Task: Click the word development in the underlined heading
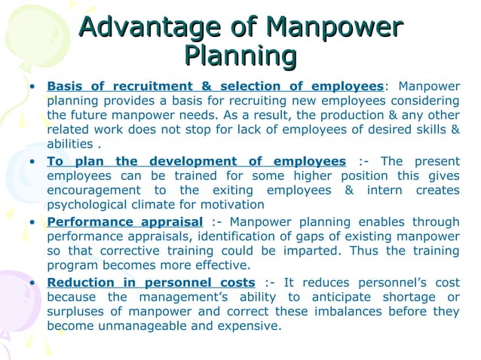pyautogui.click(x=194, y=161)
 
